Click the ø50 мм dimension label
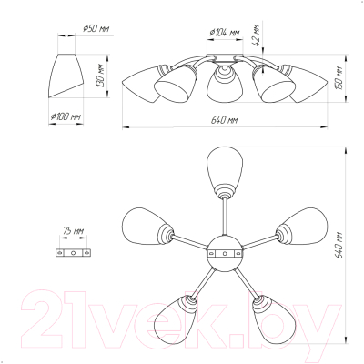pyautogui.click(x=96, y=29)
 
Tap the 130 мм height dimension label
pyautogui.click(x=101, y=76)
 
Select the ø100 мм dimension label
pyautogui.click(x=66, y=116)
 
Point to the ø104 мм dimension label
pyautogui.click(x=225, y=33)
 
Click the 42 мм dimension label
pyautogui.click(x=257, y=35)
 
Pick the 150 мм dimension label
pyautogui.click(x=340, y=78)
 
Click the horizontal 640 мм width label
pyautogui.click(x=225, y=120)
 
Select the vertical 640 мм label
pyautogui.click(x=340, y=246)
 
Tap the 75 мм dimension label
pyautogui.click(x=73, y=231)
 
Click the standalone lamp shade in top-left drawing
pyautogui.click(x=66, y=76)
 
